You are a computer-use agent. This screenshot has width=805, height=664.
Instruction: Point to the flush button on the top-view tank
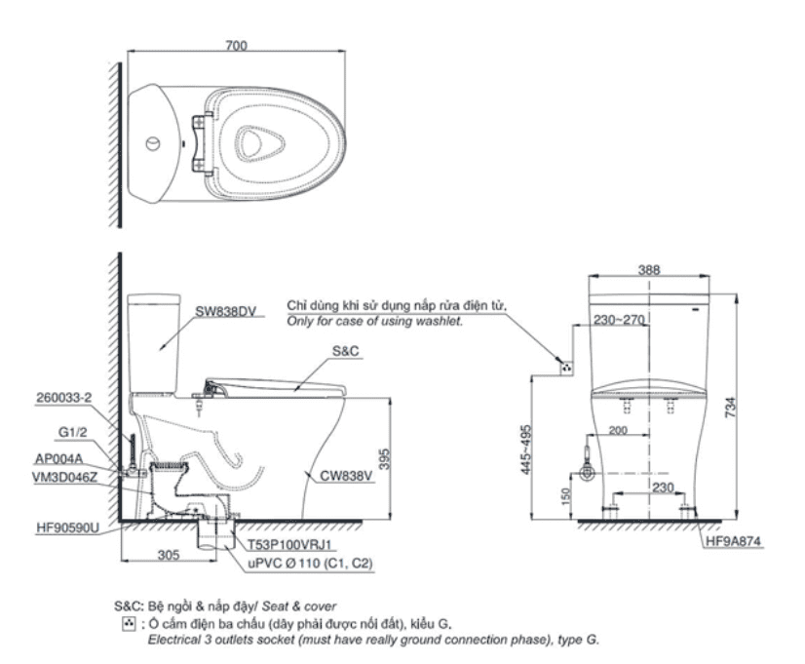click(x=152, y=143)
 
